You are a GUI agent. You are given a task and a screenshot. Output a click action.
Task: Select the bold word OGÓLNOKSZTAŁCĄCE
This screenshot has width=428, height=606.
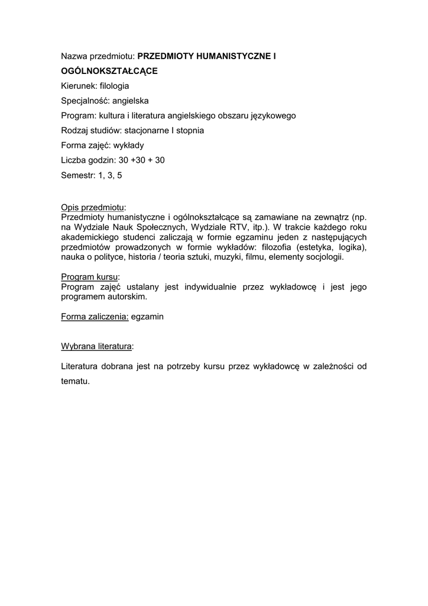coord(109,71)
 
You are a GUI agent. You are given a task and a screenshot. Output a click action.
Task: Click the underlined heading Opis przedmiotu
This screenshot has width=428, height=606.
coord(93,207)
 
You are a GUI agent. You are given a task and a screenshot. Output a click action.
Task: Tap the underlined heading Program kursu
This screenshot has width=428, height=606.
coord(90,277)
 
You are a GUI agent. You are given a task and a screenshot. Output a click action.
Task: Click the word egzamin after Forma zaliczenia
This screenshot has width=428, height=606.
coord(148,317)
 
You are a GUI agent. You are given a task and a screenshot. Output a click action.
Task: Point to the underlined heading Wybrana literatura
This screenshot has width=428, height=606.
coord(97,345)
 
